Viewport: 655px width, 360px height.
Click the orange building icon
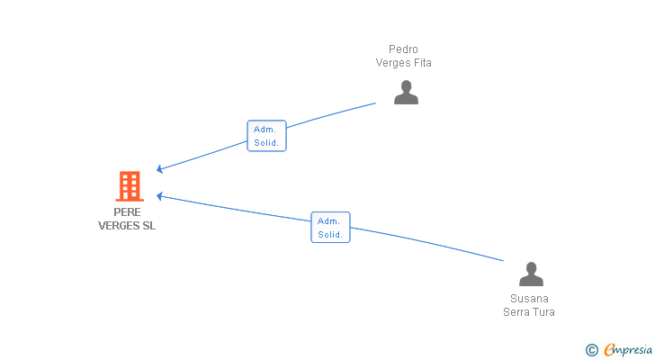pyautogui.click(x=130, y=186)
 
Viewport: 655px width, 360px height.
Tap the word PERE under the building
pyautogui.click(x=127, y=212)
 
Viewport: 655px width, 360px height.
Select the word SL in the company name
pyautogui.click(x=148, y=226)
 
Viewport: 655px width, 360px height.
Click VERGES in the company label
pyautogui.click(x=119, y=226)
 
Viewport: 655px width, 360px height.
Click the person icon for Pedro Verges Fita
pyautogui.click(x=406, y=92)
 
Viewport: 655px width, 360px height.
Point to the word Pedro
pyautogui.click(x=403, y=49)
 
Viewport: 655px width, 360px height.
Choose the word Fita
pyautogui.click(x=421, y=63)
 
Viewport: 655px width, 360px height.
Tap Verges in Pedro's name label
pyautogui.click(x=391, y=63)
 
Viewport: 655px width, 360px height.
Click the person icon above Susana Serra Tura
pyautogui.click(x=531, y=274)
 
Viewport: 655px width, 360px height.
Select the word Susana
pyautogui.click(x=529, y=299)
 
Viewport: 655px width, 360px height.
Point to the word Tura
pyautogui.click(x=543, y=312)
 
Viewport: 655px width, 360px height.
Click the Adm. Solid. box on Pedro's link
pyautogui.click(x=266, y=136)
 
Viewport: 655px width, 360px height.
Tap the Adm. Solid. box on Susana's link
pyautogui.click(x=330, y=228)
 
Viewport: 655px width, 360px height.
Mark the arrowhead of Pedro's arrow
pyautogui.click(x=159, y=168)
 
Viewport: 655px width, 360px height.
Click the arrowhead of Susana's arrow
pyautogui.click(x=159, y=194)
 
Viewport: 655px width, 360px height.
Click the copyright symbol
pyautogui.click(x=591, y=349)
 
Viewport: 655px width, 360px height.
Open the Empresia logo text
pyautogui.click(x=629, y=349)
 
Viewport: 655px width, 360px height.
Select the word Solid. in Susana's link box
pyautogui.click(x=330, y=234)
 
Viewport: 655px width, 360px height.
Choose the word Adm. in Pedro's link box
pyautogui.click(x=265, y=130)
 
